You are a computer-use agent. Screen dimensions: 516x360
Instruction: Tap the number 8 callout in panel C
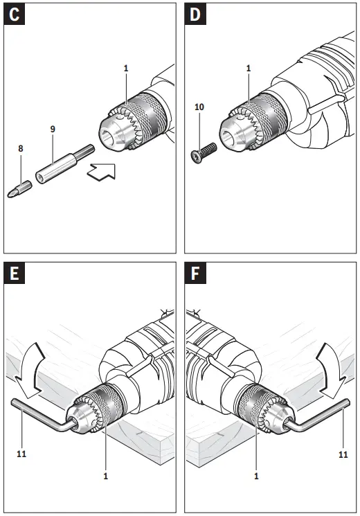click(20, 148)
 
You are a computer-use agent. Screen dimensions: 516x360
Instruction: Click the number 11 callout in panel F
click(343, 455)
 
